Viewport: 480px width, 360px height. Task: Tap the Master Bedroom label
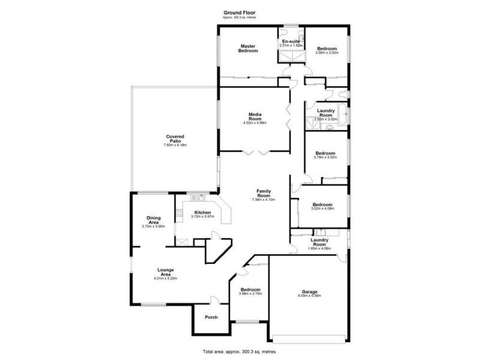point(248,49)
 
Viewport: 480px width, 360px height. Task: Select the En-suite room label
point(291,41)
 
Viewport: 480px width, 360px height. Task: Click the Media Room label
point(255,116)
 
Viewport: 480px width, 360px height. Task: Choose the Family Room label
point(264,193)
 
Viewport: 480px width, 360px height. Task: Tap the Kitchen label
point(202,212)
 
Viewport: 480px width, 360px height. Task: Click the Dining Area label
point(154,220)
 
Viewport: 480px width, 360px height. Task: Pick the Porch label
point(211,317)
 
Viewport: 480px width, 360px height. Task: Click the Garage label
point(310,291)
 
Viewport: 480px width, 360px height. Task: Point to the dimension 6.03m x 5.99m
point(310,296)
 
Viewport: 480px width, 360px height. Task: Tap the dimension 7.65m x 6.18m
point(175,146)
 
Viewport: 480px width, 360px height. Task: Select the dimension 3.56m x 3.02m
point(327,53)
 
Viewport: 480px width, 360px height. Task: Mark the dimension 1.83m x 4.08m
point(320,248)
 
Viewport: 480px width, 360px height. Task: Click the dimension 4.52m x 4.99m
point(255,123)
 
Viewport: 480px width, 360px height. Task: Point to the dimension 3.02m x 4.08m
point(322,209)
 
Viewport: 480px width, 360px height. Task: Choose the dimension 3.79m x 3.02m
point(326,158)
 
